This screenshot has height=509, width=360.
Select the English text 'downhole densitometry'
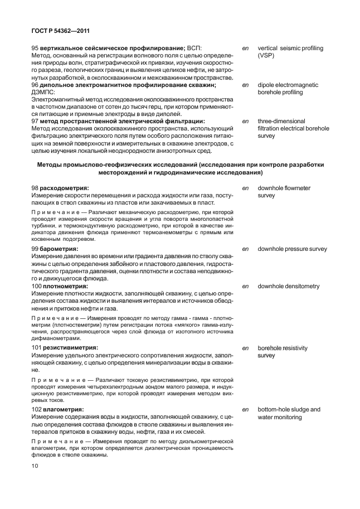pyautogui.click(x=288, y=286)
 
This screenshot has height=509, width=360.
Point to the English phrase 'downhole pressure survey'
pyautogui.click(x=292, y=249)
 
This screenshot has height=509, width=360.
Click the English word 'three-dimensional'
pyautogui.click(x=281, y=121)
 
